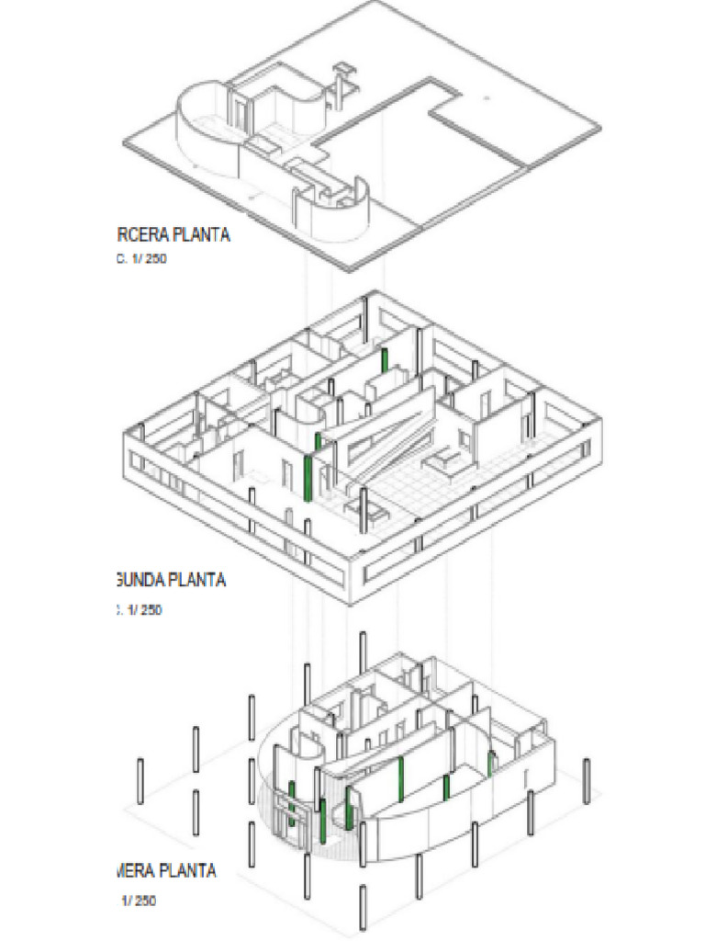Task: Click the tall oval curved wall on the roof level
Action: coord(204,129)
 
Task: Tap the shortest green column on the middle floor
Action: coord(319,441)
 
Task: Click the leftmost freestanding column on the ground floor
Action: coord(140,781)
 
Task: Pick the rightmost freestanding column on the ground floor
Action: coord(587,781)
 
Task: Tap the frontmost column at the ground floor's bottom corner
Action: coord(364,910)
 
